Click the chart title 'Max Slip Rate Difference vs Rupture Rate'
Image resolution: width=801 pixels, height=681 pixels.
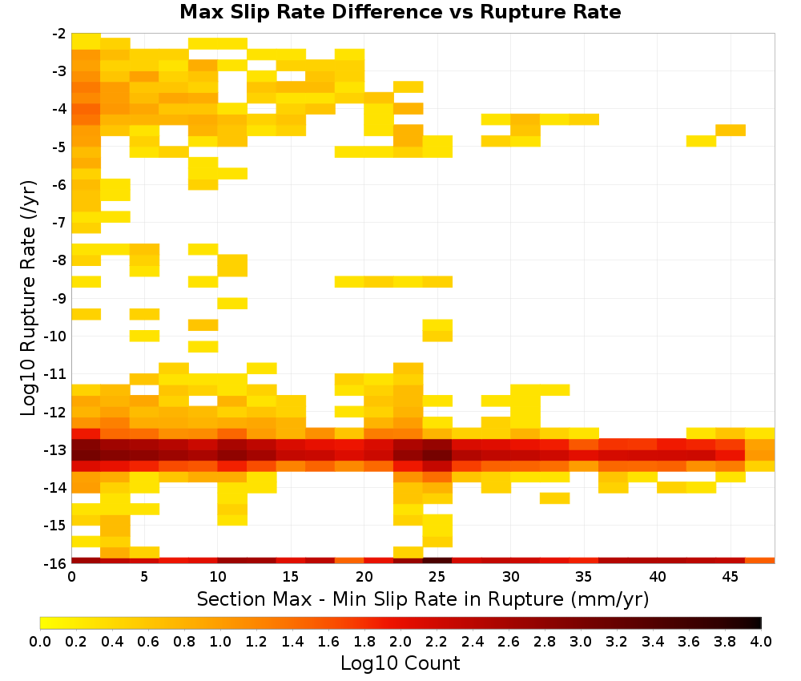coord(400,12)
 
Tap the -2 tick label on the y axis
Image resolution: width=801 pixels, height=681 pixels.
coord(59,34)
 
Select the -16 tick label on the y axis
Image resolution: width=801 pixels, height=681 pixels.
coord(56,563)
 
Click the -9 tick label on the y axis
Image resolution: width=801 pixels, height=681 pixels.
coord(59,298)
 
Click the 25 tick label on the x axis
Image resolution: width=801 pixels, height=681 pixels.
coord(437,577)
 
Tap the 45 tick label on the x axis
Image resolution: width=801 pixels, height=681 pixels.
coord(730,577)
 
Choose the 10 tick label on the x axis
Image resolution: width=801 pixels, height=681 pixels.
coord(218,577)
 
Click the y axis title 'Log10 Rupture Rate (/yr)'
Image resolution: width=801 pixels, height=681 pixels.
coord(28,298)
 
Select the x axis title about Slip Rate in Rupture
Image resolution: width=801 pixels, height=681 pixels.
coord(423,598)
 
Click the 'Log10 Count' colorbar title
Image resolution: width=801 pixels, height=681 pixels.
coord(400,663)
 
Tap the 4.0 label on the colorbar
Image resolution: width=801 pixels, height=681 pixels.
coord(761,641)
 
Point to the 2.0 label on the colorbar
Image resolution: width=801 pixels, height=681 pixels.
coord(400,641)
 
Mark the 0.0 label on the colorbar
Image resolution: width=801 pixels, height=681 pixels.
coord(40,641)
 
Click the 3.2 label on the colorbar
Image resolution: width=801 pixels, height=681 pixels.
coord(617,641)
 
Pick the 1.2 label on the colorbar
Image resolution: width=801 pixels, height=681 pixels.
coord(256,641)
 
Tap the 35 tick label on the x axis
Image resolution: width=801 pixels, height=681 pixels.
coord(583,577)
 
